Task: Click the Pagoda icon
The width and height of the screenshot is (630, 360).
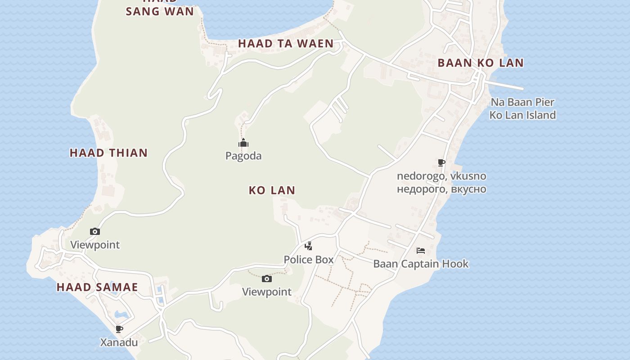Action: [x=243, y=144]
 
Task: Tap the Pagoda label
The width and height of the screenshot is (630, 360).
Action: [x=243, y=156]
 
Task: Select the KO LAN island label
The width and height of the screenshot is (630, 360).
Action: [x=272, y=190]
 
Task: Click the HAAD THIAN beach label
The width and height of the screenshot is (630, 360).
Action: [x=109, y=153]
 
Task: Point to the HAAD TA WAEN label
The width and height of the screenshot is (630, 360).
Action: [x=286, y=44]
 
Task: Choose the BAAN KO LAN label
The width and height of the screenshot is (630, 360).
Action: [x=481, y=63]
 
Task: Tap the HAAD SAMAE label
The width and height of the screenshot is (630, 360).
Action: [x=97, y=287]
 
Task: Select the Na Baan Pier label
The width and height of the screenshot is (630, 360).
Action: [x=522, y=102]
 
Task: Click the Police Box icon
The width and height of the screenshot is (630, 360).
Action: [x=308, y=246]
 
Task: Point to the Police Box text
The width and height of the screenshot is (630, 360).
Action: [x=309, y=260]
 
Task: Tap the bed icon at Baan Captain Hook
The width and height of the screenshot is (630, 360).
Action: [x=421, y=251]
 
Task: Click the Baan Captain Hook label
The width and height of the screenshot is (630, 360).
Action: [x=421, y=264]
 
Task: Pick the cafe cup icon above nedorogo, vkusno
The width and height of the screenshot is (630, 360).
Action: [x=441, y=162]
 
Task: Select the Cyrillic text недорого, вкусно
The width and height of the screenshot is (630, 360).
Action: [x=441, y=189]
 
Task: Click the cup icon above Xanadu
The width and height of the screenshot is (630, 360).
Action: [x=119, y=329]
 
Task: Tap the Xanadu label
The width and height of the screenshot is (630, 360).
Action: [x=119, y=342]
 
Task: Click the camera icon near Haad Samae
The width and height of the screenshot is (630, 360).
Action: [x=95, y=231]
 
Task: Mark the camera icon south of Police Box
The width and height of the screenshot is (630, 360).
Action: [x=267, y=279]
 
